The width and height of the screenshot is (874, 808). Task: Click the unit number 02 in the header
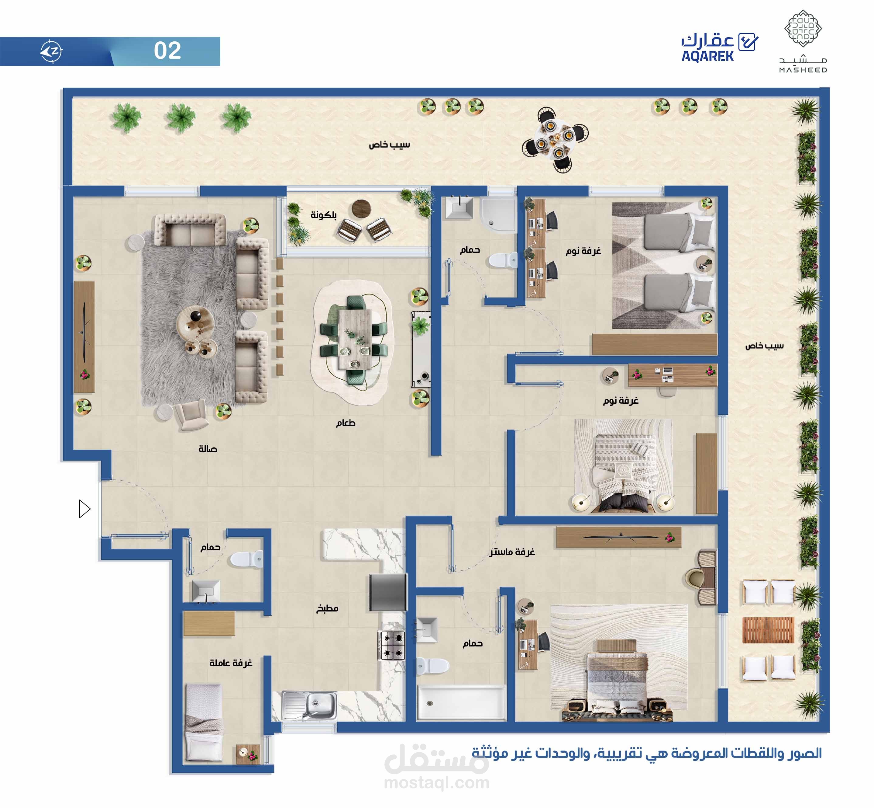[x=167, y=51]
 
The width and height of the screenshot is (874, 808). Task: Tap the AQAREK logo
[x=719, y=47]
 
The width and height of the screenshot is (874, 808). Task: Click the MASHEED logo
[x=803, y=42]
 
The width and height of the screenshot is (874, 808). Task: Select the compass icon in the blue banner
[x=52, y=51]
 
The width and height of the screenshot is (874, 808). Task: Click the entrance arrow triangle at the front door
[x=84, y=508]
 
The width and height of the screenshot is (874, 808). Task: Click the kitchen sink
[x=309, y=705]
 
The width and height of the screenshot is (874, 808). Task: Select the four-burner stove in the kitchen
[x=391, y=645]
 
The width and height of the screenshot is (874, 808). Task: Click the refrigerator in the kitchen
[x=388, y=592]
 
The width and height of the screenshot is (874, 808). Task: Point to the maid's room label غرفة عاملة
[x=231, y=663]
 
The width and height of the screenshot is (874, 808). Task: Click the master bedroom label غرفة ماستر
[x=512, y=552]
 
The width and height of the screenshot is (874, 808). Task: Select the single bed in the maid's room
[x=204, y=723]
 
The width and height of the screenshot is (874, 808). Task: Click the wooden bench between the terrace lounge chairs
[x=768, y=630]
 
